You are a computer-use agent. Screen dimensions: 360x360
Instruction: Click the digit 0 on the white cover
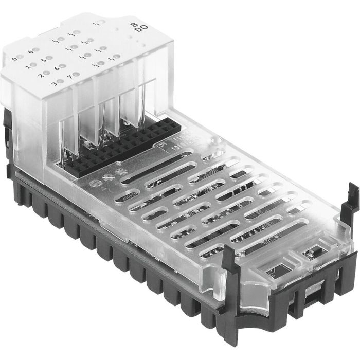coord(14,58)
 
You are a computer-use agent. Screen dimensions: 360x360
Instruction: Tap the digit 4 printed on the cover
coord(31,51)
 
